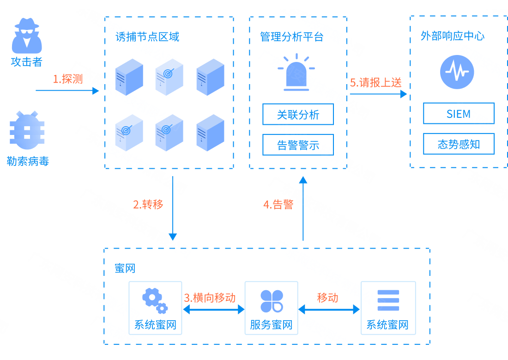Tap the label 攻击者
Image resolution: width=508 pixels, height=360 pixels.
(x=27, y=61)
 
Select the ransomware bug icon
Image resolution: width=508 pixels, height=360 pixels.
(x=27, y=130)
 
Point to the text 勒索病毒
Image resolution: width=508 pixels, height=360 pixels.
(x=28, y=161)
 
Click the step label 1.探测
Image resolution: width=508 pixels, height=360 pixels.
(x=68, y=79)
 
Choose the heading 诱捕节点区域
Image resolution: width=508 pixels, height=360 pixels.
(x=147, y=37)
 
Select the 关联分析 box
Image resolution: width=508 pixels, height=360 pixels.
(x=298, y=115)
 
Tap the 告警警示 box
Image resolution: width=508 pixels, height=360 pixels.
(x=298, y=145)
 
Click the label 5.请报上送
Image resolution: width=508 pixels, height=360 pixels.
(x=376, y=83)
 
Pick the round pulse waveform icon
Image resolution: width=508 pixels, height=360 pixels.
(x=457, y=72)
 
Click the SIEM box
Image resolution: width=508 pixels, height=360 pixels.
(x=459, y=114)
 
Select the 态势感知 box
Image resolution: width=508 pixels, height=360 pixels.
(x=459, y=144)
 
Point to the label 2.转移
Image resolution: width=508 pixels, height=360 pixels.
(x=148, y=204)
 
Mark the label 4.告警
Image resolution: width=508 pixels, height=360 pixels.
(x=278, y=204)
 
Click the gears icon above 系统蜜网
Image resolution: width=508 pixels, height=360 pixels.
(x=155, y=300)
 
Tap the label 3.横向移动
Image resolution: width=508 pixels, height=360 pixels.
(x=210, y=298)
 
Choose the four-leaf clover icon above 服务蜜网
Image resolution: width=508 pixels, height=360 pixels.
(x=271, y=301)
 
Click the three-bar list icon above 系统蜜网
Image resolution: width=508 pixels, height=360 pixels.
(x=388, y=300)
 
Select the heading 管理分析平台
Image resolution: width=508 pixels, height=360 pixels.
(x=292, y=37)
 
